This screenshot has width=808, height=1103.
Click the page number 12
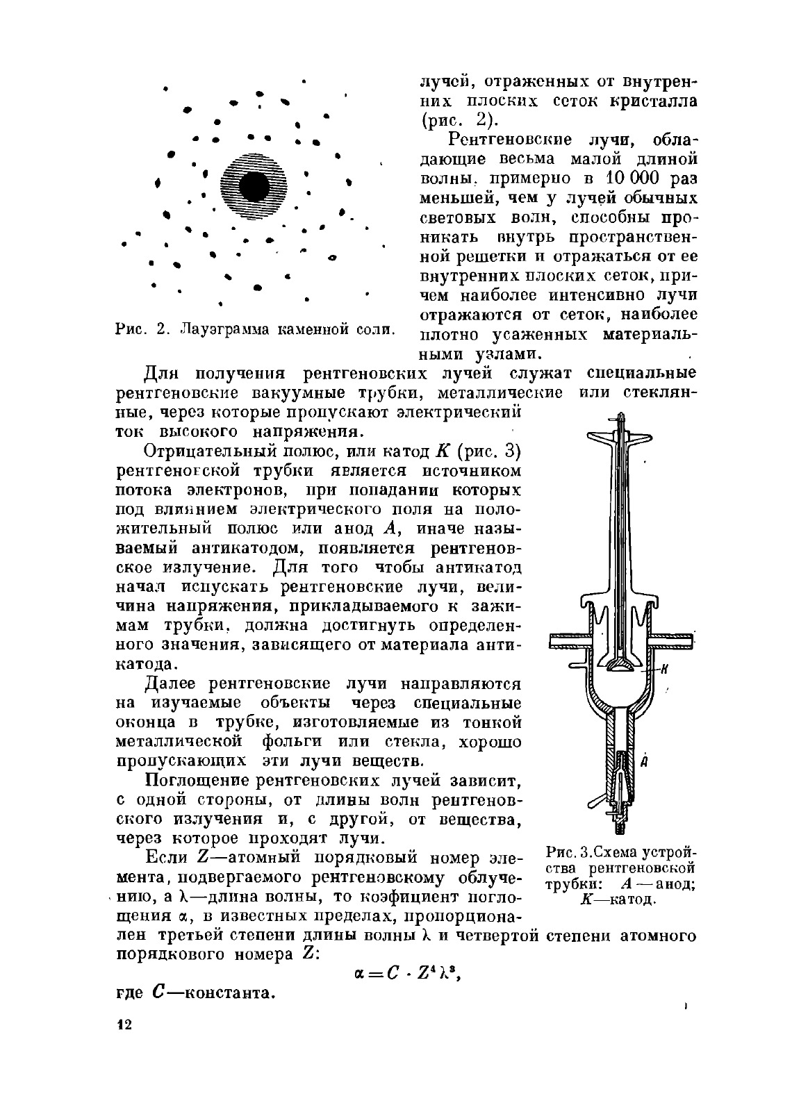[124, 1025]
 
